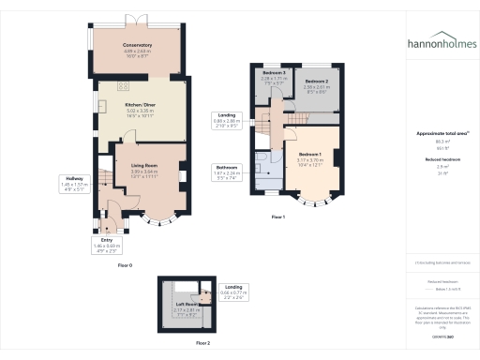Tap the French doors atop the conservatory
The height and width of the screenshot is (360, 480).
137,20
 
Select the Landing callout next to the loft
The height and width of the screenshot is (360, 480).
233,292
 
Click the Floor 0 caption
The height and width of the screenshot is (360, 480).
126,266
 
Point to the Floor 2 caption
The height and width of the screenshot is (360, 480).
190,344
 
